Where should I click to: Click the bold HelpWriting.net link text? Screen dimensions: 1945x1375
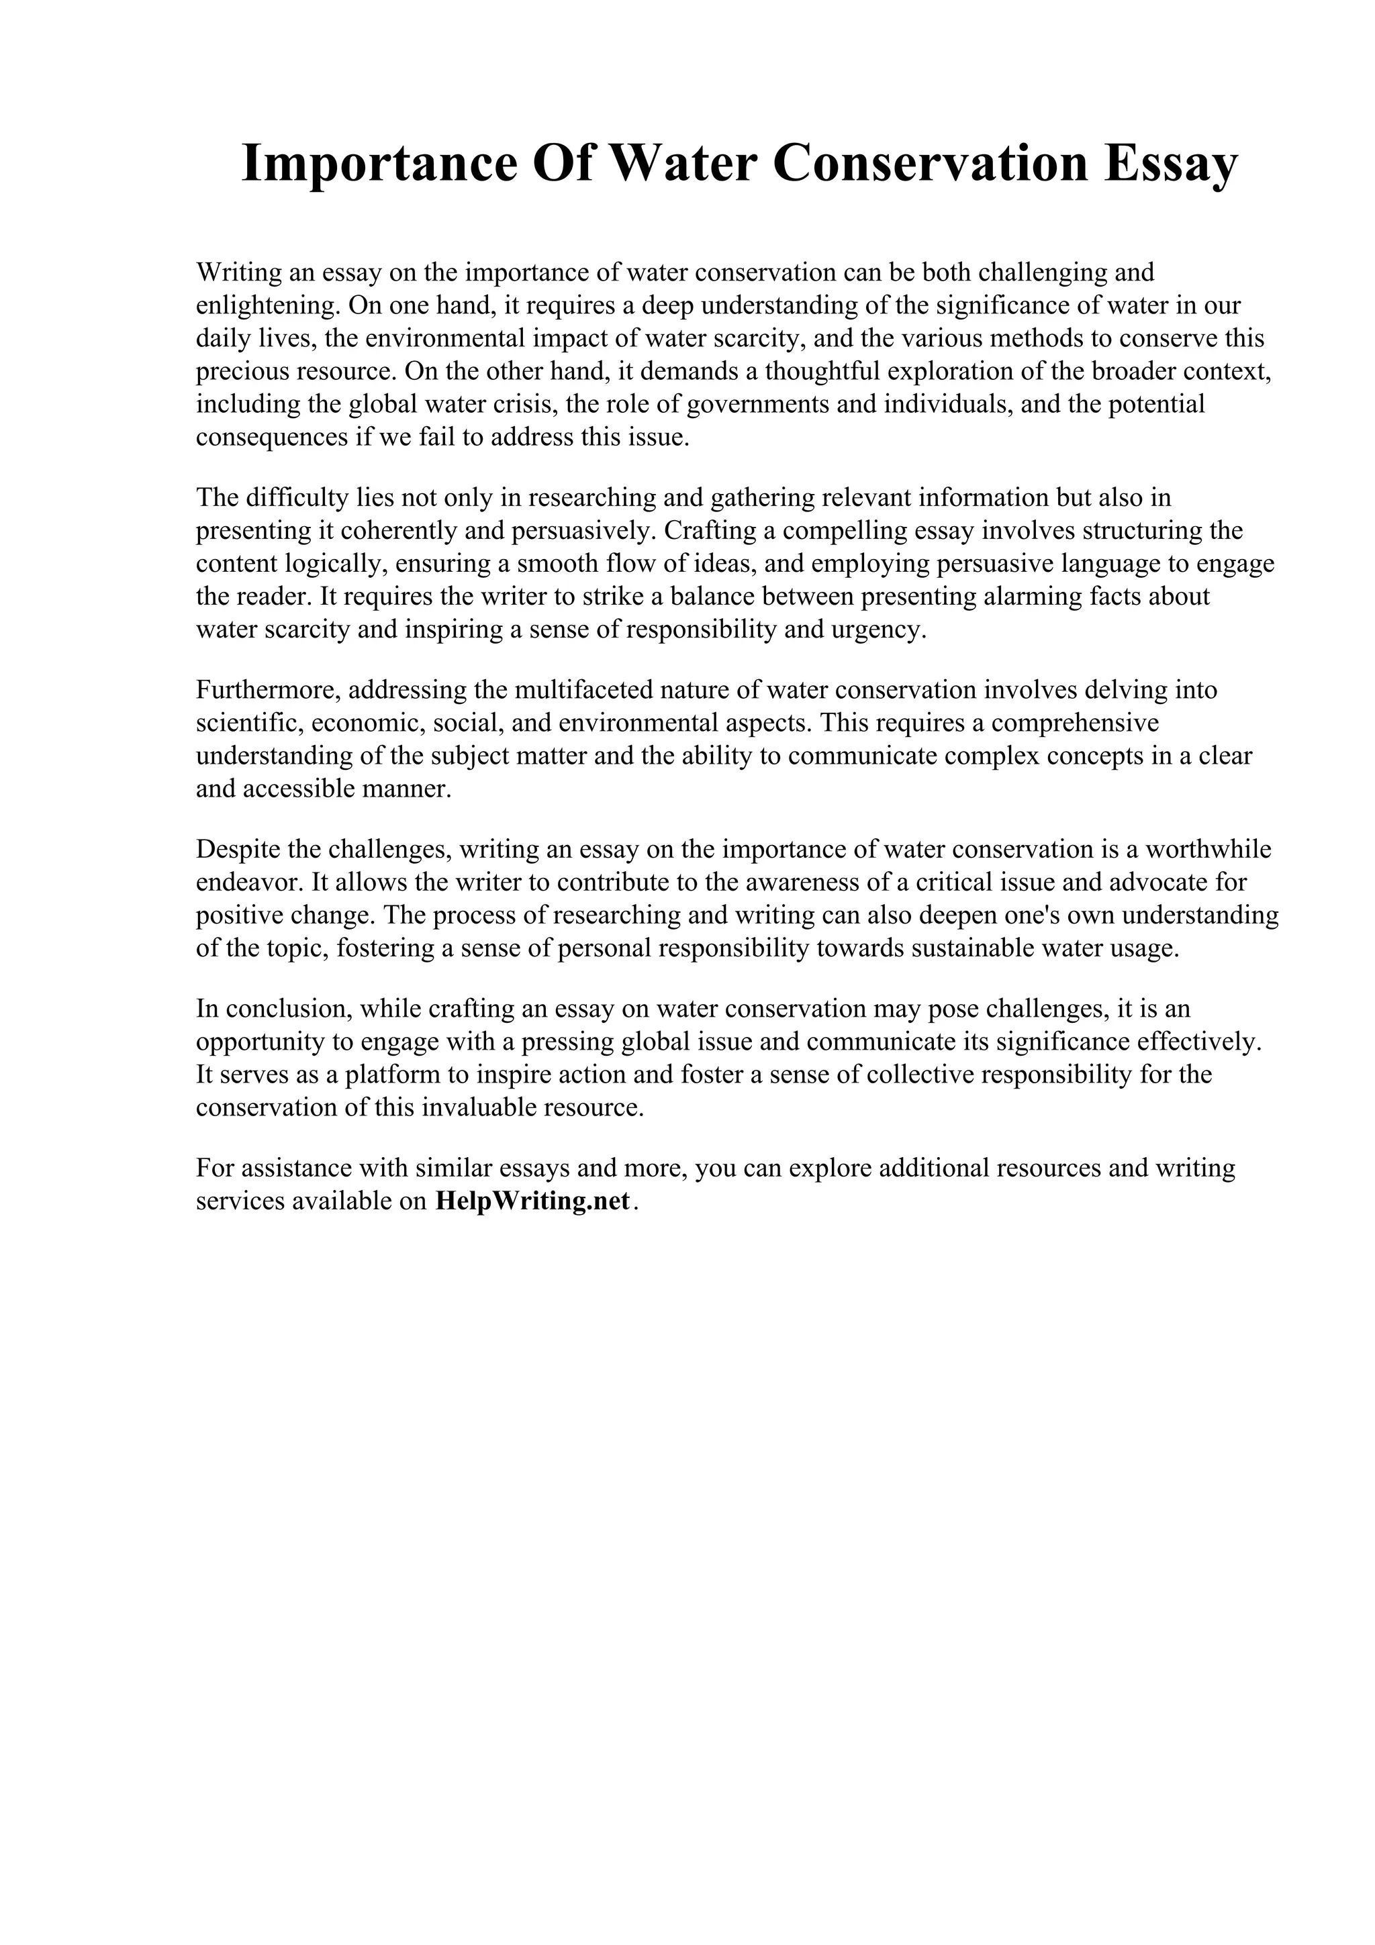[533, 1201]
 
